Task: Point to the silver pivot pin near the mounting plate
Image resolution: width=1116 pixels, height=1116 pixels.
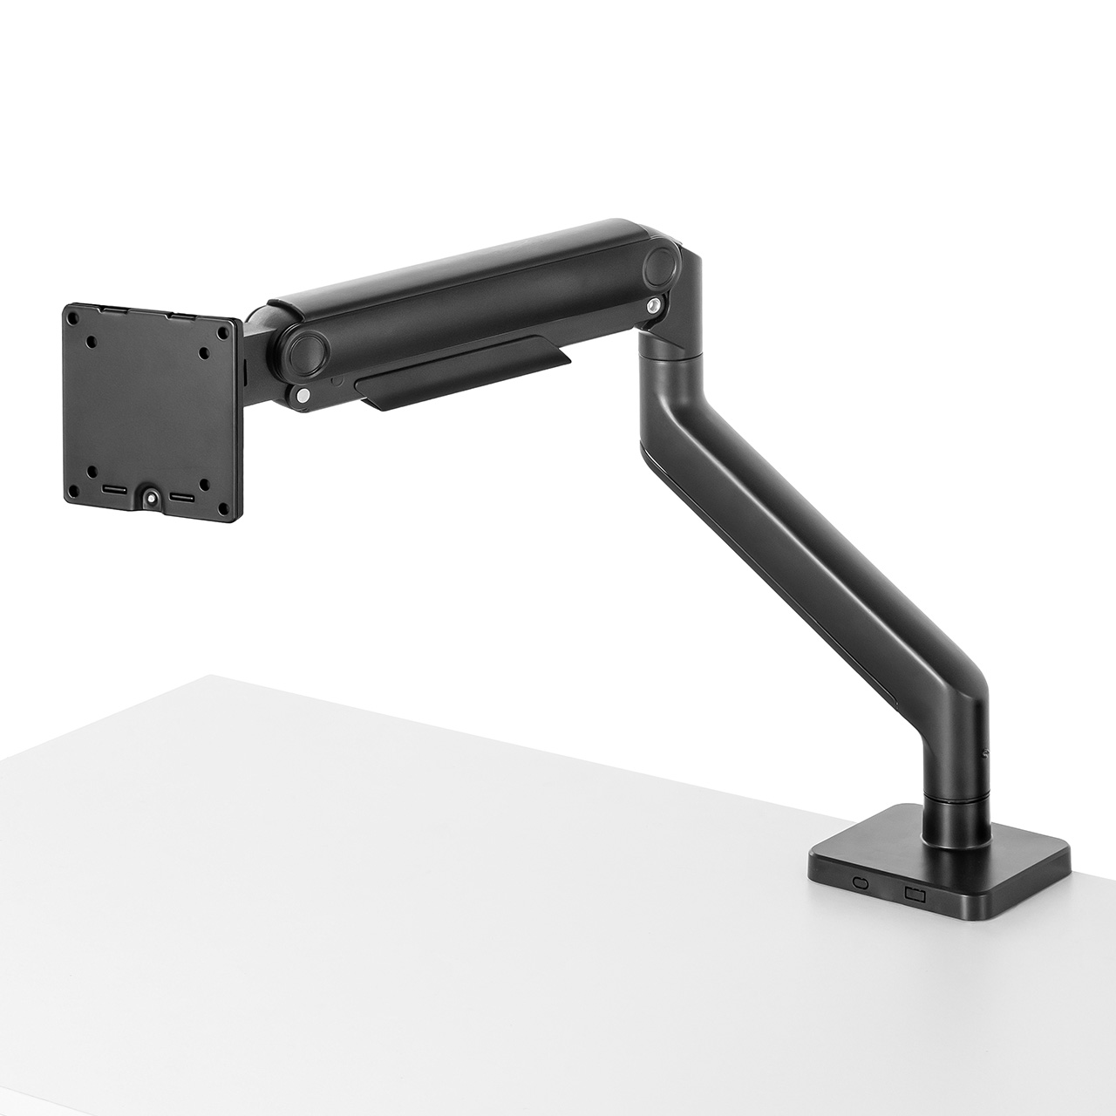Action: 302,396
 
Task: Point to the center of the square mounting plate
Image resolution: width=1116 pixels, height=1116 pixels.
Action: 150,411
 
